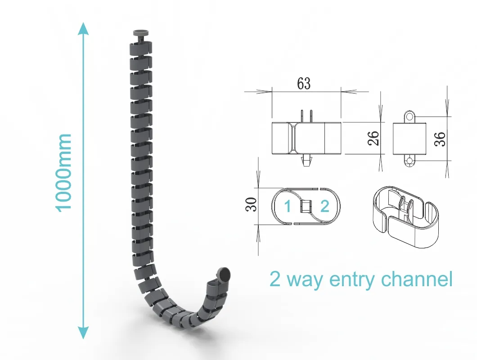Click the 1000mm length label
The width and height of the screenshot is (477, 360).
[x=63, y=172]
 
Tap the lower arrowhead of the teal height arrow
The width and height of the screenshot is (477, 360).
[x=83, y=332]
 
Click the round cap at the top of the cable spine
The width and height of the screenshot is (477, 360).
[x=140, y=32]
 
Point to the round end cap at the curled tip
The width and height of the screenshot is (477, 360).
[x=224, y=274]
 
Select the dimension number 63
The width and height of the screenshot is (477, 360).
[x=304, y=84]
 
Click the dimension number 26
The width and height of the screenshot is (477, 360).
[x=373, y=138]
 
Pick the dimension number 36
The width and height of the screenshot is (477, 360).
[x=440, y=139]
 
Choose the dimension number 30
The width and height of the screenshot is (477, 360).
[x=251, y=204]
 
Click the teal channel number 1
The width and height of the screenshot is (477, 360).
[x=288, y=206]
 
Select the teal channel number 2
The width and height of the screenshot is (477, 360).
[x=325, y=206]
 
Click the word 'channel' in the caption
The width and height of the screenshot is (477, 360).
[x=417, y=278]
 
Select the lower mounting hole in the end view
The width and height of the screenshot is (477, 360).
[x=410, y=161]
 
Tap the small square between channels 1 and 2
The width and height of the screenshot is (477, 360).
[x=306, y=206]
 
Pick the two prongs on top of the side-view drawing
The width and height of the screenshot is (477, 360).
[x=306, y=116]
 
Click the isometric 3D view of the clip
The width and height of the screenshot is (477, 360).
[x=406, y=216]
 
